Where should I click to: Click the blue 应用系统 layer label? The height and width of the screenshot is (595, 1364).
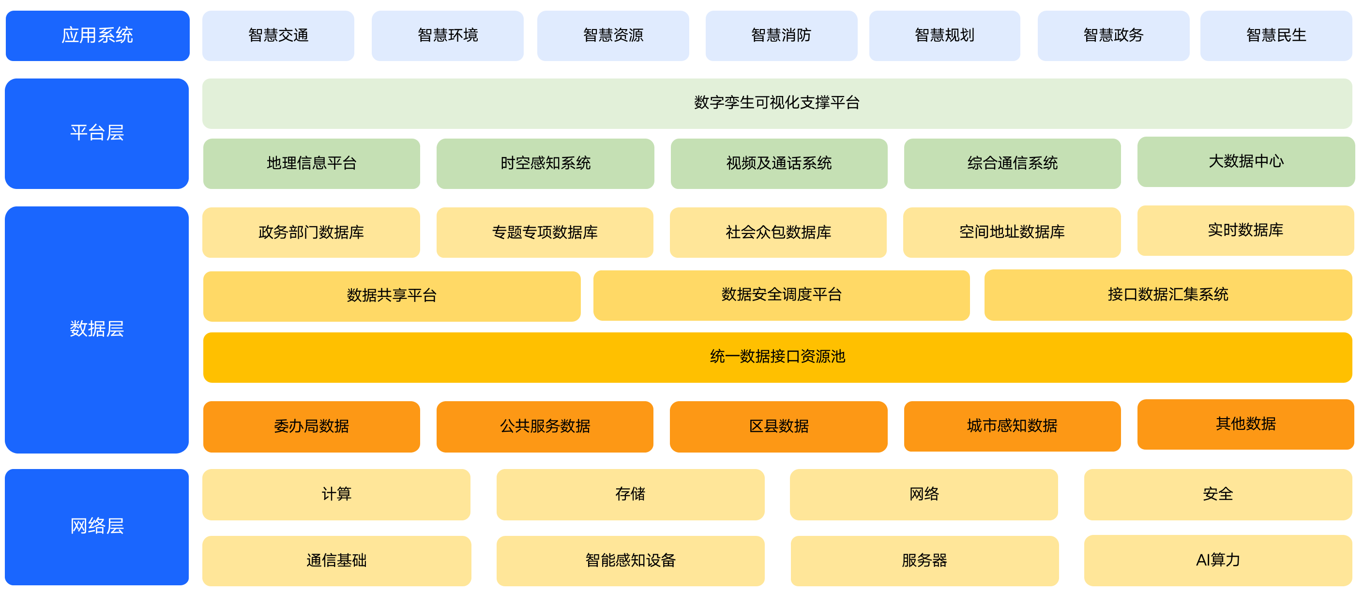coord(97,35)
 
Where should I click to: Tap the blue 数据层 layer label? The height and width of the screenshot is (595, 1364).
coord(97,329)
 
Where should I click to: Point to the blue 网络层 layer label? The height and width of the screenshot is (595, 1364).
coord(97,527)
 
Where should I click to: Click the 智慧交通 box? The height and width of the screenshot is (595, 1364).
coord(278,35)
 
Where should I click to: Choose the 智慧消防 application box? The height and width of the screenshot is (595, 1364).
coord(781,35)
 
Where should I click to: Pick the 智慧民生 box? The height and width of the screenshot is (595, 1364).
coord(1276,35)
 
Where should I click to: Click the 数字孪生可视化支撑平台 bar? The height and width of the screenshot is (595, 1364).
coord(777,103)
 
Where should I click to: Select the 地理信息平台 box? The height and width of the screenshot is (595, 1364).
coord(311,163)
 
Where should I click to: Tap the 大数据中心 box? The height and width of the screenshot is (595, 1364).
coord(1246,162)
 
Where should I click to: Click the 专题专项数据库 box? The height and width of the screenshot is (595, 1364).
coord(545,232)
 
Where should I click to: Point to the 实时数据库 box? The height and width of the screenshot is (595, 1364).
coord(1245,231)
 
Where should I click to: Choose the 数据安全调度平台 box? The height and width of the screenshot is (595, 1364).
coord(782,295)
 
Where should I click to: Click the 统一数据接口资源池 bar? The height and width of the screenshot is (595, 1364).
coord(777,357)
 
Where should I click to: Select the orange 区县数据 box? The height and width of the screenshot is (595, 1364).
coord(778,426)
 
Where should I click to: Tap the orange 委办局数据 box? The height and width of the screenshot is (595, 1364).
coord(311,426)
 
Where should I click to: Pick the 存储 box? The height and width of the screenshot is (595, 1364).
coord(630,494)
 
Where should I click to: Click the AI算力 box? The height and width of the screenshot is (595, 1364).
coord(1218,560)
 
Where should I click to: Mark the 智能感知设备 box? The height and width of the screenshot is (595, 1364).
coord(630,561)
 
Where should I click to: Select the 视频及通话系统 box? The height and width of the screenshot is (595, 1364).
coord(779,163)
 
